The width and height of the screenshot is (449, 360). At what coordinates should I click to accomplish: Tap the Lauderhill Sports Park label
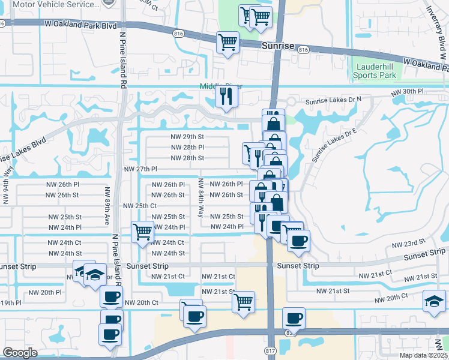click(x=375, y=71)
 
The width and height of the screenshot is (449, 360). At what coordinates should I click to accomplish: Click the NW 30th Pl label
click(x=407, y=92)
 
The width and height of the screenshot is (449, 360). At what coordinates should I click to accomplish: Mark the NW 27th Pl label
click(x=140, y=170)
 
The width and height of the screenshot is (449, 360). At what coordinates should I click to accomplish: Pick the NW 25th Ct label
click(x=140, y=206)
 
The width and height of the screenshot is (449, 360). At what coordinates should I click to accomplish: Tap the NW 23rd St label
click(x=409, y=245)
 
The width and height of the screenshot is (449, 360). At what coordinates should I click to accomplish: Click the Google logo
click(x=19, y=353)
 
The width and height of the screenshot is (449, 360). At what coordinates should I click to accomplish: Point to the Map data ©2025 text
click(x=424, y=355)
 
